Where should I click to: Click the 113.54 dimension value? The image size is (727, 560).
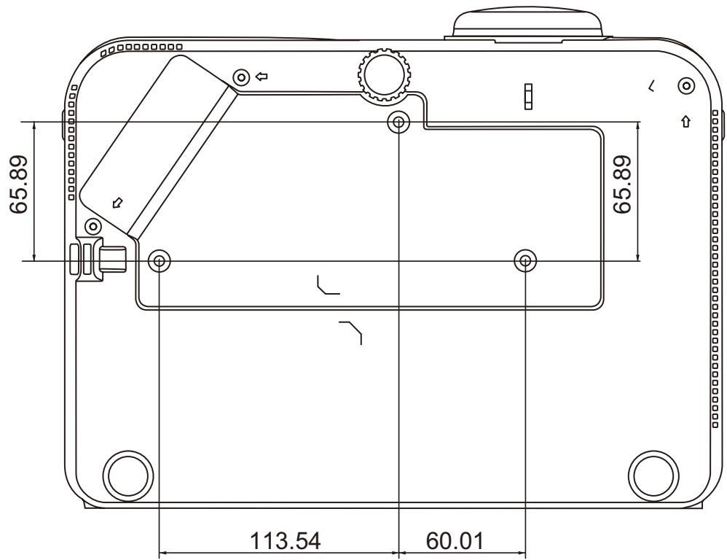click(285, 541)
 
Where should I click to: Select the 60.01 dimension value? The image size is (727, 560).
click(455, 541)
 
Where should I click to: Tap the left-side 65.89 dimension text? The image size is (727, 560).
click(18, 184)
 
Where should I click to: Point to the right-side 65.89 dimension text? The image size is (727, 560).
click(622, 184)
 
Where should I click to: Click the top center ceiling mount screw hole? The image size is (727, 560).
click(398, 122)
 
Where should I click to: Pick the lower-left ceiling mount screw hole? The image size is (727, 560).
click(159, 261)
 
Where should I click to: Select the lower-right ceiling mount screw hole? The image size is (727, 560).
click(525, 261)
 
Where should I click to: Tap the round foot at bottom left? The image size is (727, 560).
click(128, 476)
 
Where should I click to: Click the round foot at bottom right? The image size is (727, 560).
click(653, 476)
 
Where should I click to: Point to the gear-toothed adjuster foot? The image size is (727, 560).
click(385, 76)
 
